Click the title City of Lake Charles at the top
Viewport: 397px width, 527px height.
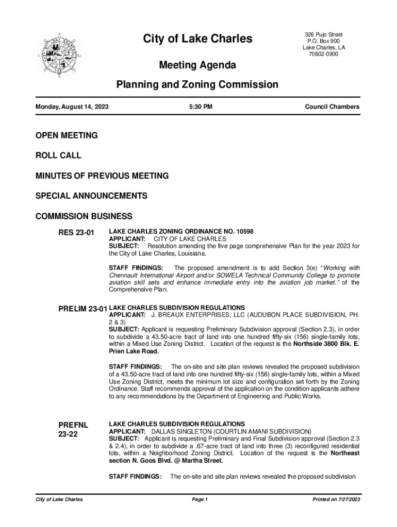coord(197,39)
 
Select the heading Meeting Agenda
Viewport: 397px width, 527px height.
coord(197,65)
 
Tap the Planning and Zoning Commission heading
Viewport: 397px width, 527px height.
coord(197,84)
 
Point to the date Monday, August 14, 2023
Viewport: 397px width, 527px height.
coord(72,107)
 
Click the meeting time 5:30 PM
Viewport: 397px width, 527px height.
coord(201,107)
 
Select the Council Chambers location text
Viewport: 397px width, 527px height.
coord(332,107)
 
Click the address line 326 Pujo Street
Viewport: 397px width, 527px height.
coord(324,34)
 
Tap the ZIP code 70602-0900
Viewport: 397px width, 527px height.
coord(324,55)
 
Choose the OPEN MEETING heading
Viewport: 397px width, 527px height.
coord(66,135)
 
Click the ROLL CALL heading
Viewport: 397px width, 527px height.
coord(58,155)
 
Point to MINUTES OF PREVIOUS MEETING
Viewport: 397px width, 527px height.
coord(102,176)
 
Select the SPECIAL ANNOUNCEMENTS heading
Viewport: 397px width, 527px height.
coord(91,196)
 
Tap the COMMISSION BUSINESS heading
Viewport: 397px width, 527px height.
coord(84,216)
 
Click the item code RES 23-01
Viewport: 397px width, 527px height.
coord(76,233)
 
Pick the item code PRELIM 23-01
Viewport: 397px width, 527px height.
coord(82,309)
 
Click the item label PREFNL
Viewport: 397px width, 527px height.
coord(73,425)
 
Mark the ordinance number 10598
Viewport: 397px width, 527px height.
coord(242,232)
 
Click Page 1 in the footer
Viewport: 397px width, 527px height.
coord(199,500)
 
